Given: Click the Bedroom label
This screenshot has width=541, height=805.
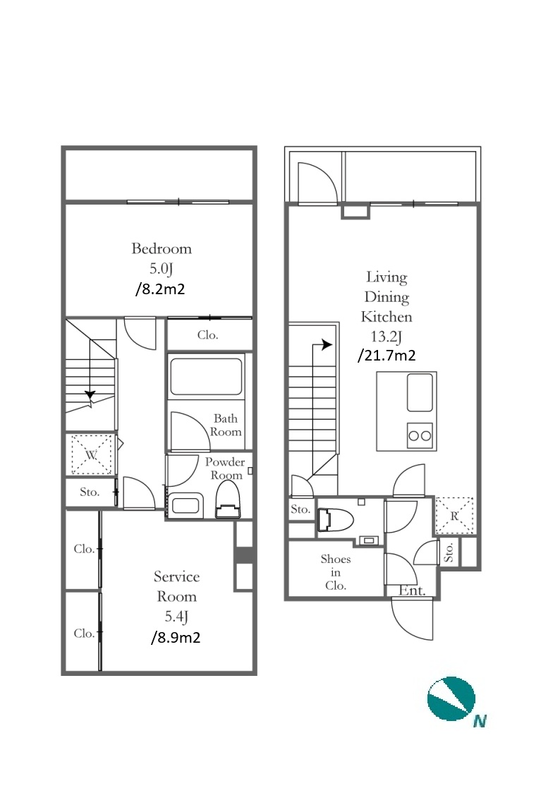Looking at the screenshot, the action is (161, 248).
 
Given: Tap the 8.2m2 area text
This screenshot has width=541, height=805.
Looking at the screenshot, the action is (160, 289).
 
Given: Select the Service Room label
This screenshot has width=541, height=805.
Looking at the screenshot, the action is (176, 586).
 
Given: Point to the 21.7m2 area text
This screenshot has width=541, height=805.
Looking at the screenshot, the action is (387, 356).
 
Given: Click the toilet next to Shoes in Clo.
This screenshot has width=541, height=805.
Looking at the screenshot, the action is (336, 519).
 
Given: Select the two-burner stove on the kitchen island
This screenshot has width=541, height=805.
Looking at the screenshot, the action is (420, 436).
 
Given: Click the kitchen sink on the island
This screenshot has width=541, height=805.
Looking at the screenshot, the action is (420, 393).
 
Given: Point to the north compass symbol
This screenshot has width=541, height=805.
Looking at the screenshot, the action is (451, 698).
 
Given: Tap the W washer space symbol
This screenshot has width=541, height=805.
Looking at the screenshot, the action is (92, 454).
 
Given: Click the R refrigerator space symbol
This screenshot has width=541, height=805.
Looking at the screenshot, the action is (454, 516).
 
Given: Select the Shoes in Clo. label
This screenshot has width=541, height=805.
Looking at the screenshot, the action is (336, 572).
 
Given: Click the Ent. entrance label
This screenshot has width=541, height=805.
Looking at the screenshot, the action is (412, 591).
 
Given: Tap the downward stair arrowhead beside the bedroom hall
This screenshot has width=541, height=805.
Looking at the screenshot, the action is (90, 395).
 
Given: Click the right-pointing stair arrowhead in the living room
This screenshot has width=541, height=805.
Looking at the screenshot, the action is (327, 344).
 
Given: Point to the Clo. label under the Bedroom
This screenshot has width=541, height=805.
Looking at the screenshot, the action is (207, 335).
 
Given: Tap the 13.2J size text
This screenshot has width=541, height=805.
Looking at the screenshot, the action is (387, 337).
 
